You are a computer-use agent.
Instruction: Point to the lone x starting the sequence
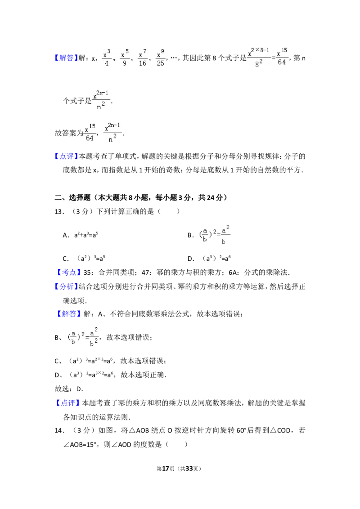pyautogui.click(x=94, y=58)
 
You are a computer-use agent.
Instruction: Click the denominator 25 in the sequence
pyautogui.click(x=161, y=63)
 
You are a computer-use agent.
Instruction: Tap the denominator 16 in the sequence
pyautogui.click(x=143, y=63)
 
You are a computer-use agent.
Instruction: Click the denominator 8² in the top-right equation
pyautogui.click(x=259, y=63)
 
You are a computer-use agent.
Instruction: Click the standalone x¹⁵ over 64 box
pyautogui.click(x=90, y=133)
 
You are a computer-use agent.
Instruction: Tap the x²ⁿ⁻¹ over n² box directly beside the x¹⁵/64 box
pyautogui.click(x=111, y=132)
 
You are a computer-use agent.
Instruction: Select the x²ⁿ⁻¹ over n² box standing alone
pyautogui.click(x=101, y=99)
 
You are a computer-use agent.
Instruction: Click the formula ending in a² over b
pyautogui.click(x=214, y=235)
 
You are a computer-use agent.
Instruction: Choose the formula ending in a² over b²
pyautogui.click(x=83, y=336)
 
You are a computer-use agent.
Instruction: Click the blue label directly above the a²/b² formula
pyautogui.click(x=70, y=314)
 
